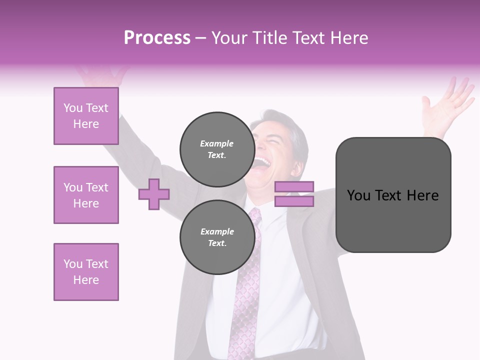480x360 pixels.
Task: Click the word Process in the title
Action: pos(157,38)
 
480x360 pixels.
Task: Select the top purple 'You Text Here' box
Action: pos(86,116)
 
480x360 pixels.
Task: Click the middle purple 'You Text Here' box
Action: pos(86,195)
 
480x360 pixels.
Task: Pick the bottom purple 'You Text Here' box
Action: pos(86,272)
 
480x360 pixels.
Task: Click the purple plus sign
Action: pos(154,194)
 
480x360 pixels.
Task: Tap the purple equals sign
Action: pos(294,194)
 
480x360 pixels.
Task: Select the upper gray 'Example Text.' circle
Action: pos(217,149)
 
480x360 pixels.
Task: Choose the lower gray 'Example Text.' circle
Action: pos(217,237)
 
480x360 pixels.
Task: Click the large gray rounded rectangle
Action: pos(393,195)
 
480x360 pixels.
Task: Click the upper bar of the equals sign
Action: pos(294,187)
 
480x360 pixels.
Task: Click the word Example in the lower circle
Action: pos(217,231)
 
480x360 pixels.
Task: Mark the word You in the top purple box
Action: pos(72,108)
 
